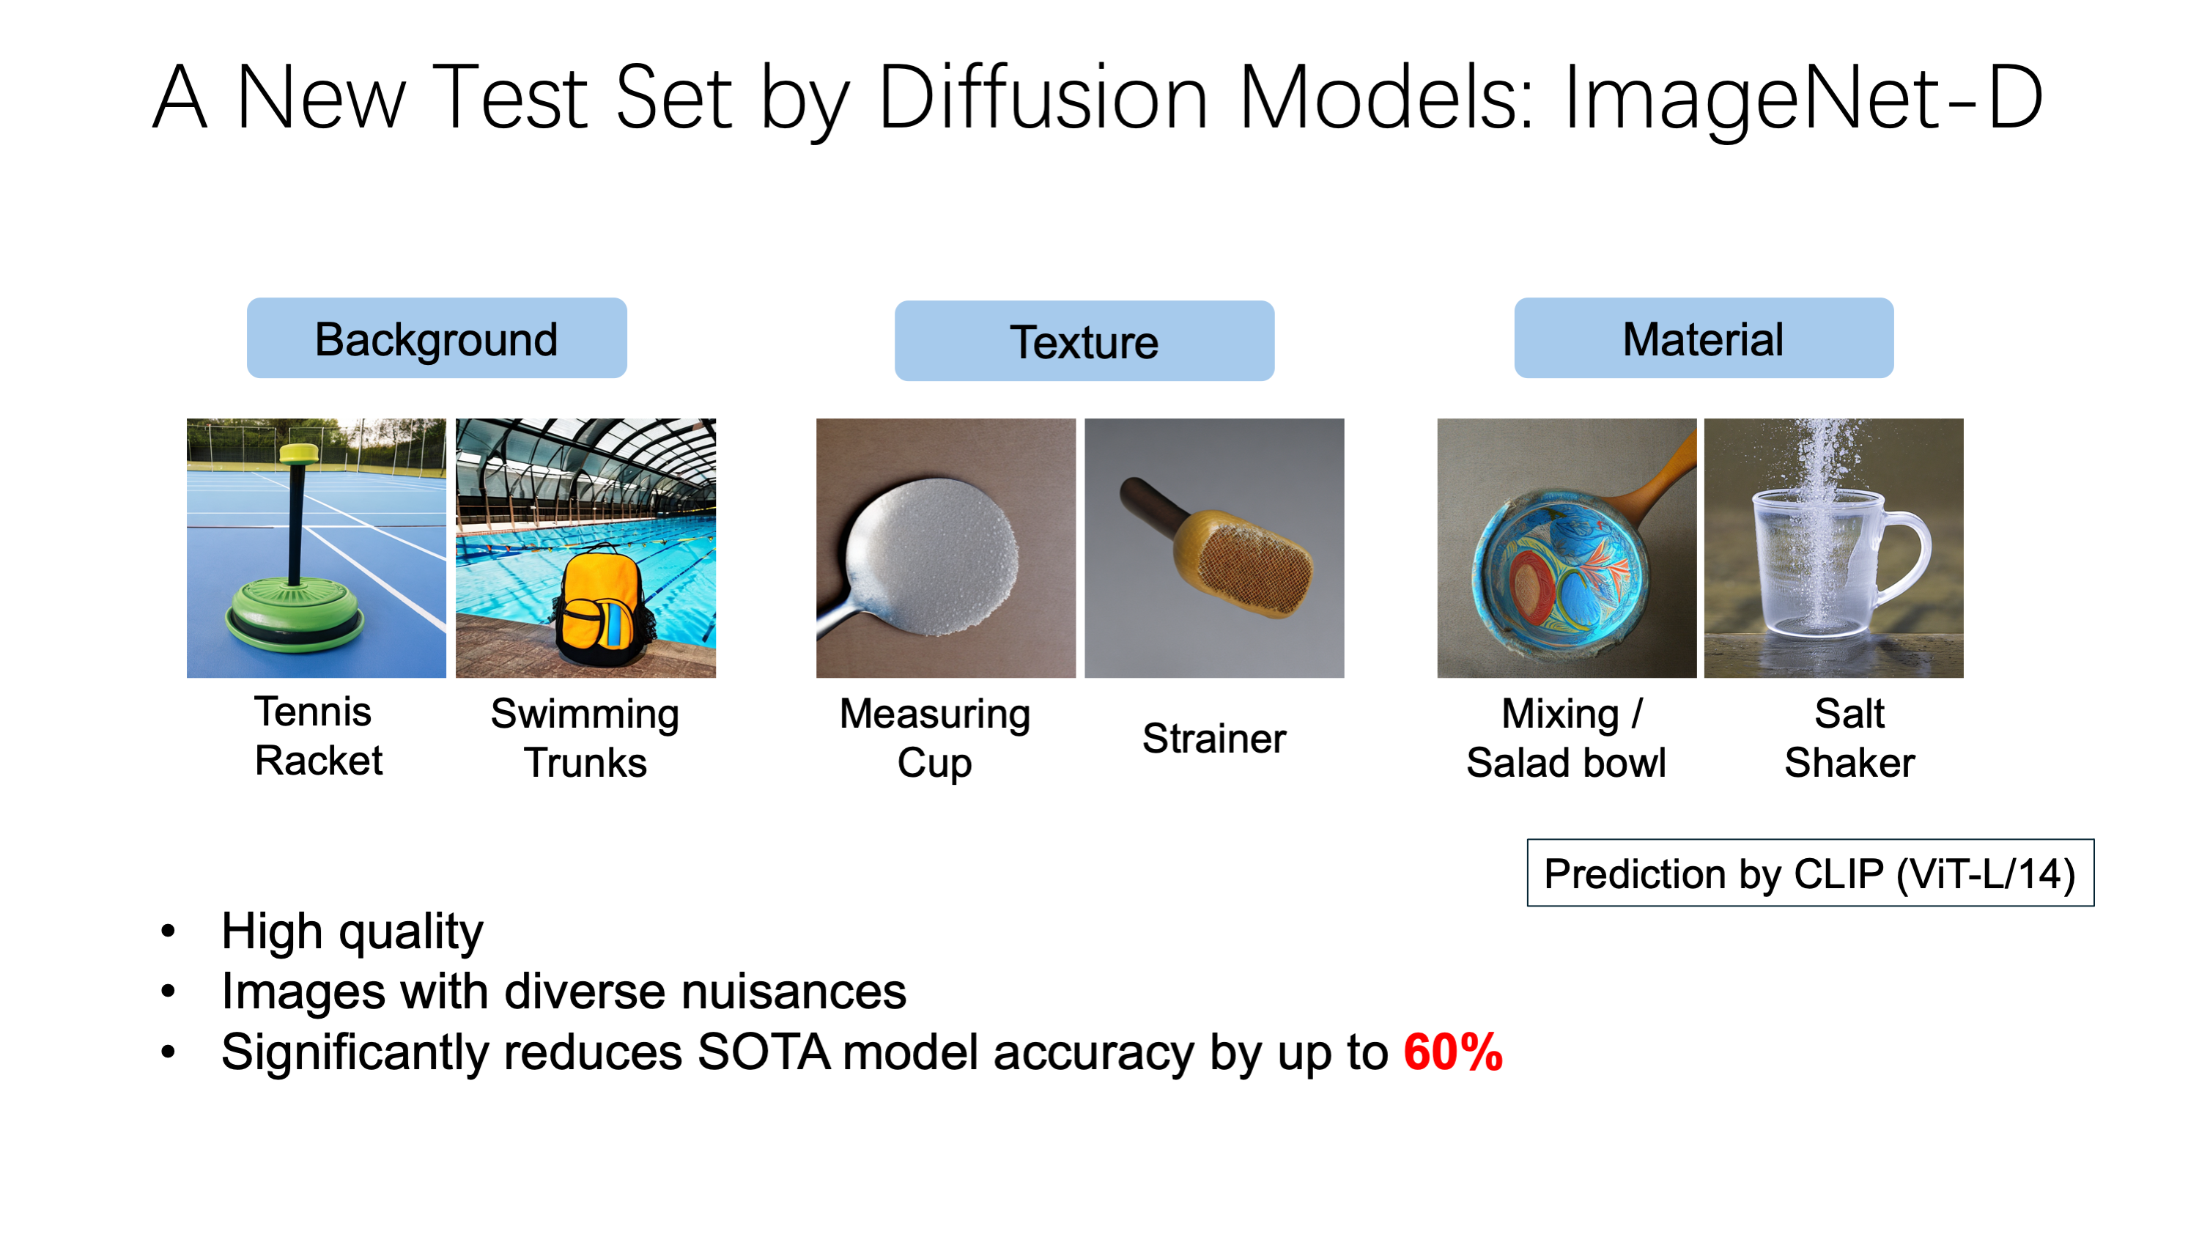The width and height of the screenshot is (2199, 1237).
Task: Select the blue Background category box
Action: tap(436, 338)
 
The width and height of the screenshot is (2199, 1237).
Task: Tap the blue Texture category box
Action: tap(1084, 341)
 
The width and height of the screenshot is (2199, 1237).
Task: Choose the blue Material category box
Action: tap(1703, 338)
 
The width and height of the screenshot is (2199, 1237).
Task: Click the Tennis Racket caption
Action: tap(317, 736)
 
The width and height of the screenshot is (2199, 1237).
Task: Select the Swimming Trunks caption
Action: tap(585, 739)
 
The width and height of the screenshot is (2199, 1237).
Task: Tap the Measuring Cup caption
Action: tap(935, 739)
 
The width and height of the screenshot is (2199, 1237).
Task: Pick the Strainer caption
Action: tap(1214, 739)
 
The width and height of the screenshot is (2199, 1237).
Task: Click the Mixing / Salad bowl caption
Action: tap(1566, 739)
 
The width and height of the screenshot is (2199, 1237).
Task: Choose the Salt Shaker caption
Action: tap(1849, 739)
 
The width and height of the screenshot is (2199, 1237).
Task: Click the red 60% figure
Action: tap(1453, 1052)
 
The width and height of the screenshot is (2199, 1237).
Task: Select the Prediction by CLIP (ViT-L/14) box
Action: tap(1810, 874)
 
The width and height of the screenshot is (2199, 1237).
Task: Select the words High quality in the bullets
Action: tap(352, 931)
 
